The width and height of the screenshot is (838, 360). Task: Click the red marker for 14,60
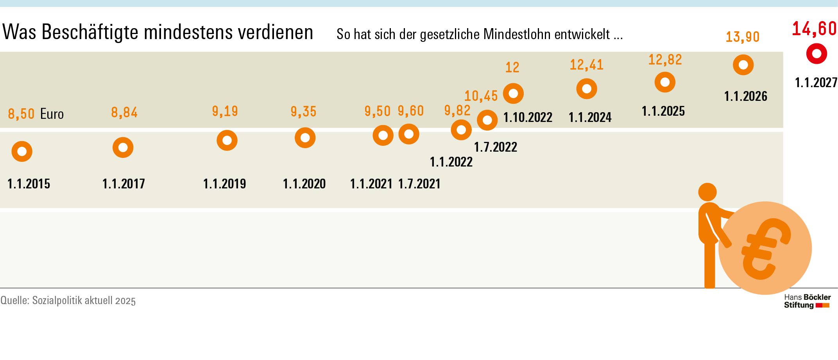[x=817, y=54]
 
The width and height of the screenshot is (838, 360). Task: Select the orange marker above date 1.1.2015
[x=22, y=151]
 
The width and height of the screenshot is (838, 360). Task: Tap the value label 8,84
[x=124, y=113]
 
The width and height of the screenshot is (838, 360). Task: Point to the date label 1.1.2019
[x=224, y=184]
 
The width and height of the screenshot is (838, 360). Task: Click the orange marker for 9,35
[x=305, y=138]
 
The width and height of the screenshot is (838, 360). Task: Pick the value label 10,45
[x=481, y=96]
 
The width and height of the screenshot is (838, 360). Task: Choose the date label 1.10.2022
[x=528, y=117]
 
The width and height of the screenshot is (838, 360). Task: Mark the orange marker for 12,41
[x=587, y=89]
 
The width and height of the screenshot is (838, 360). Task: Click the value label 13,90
[x=743, y=37]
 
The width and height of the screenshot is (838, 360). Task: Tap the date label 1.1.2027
[x=816, y=82]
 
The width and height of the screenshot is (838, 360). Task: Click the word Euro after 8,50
[x=52, y=114]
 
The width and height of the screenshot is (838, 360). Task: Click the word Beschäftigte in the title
[x=90, y=32]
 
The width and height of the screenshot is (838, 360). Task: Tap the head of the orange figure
[x=707, y=192]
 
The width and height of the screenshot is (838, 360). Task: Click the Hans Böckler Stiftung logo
[x=807, y=301]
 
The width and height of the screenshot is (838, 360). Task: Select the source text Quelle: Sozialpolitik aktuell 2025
[x=68, y=301]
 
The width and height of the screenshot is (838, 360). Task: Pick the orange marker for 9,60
[x=409, y=134]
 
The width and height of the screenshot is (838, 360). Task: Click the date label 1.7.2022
[x=496, y=147]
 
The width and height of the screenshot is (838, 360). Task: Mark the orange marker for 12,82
[x=665, y=82]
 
